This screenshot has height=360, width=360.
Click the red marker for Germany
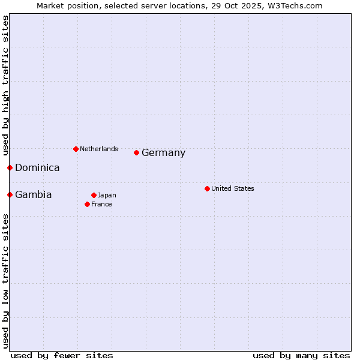click(x=137, y=152)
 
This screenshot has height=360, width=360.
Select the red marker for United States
click(x=207, y=188)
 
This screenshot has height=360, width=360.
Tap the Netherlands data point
click(x=76, y=149)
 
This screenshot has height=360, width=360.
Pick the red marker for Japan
click(x=94, y=195)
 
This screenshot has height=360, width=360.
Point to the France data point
click(x=88, y=204)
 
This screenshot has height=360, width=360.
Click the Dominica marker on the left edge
click(x=10, y=167)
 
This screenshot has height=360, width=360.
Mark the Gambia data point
click(x=10, y=194)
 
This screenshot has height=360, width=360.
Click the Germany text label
click(x=163, y=153)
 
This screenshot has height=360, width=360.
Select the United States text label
click(x=232, y=188)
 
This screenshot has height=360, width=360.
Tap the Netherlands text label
click(x=98, y=149)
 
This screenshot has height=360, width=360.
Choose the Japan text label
click(x=107, y=195)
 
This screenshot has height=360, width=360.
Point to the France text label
click(x=101, y=204)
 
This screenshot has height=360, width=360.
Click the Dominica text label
click(x=37, y=168)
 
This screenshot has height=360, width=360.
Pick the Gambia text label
click(x=33, y=195)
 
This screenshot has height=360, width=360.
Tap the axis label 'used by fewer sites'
click(x=62, y=355)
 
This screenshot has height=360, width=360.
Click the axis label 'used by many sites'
click(x=301, y=355)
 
